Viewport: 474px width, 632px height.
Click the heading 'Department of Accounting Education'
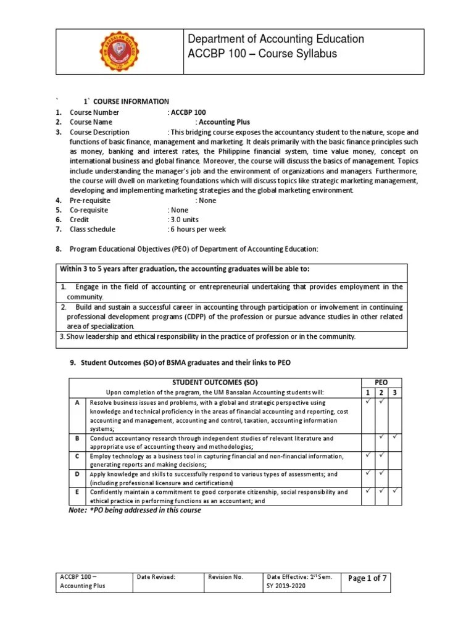(276, 39)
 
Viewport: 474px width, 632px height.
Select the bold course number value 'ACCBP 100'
(189, 112)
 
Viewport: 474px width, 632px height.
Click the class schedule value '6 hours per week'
(197, 230)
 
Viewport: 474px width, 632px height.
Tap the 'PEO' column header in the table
(381, 383)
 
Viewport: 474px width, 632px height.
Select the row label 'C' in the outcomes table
(77, 456)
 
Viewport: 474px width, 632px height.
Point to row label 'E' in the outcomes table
(77, 492)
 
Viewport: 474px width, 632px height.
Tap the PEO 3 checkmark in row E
(395, 491)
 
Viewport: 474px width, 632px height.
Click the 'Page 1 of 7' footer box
(367, 578)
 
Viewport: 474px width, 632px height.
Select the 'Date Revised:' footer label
(159, 577)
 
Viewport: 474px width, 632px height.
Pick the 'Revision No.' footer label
(227, 577)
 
